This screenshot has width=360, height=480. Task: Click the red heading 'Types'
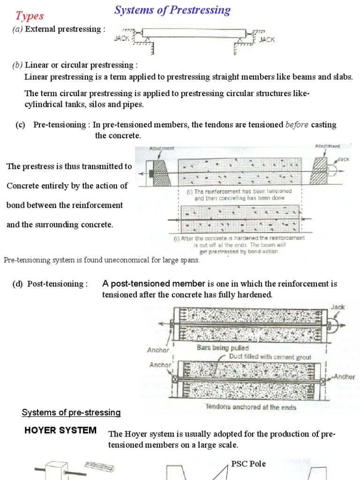(x=29, y=16)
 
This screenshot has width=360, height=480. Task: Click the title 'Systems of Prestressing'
(x=172, y=10)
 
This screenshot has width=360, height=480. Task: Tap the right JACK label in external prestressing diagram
(x=267, y=40)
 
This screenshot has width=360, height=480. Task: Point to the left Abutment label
(x=162, y=148)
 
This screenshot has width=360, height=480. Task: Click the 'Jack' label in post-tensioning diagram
(x=337, y=307)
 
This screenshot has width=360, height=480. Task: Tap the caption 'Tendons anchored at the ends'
(x=251, y=407)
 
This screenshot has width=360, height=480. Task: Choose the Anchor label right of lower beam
(x=345, y=377)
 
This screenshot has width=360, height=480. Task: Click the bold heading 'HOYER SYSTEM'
(x=60, y=430)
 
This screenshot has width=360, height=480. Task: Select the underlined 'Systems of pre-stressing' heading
(x=71, y=412)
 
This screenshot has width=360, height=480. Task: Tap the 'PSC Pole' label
(x=248, y=464)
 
